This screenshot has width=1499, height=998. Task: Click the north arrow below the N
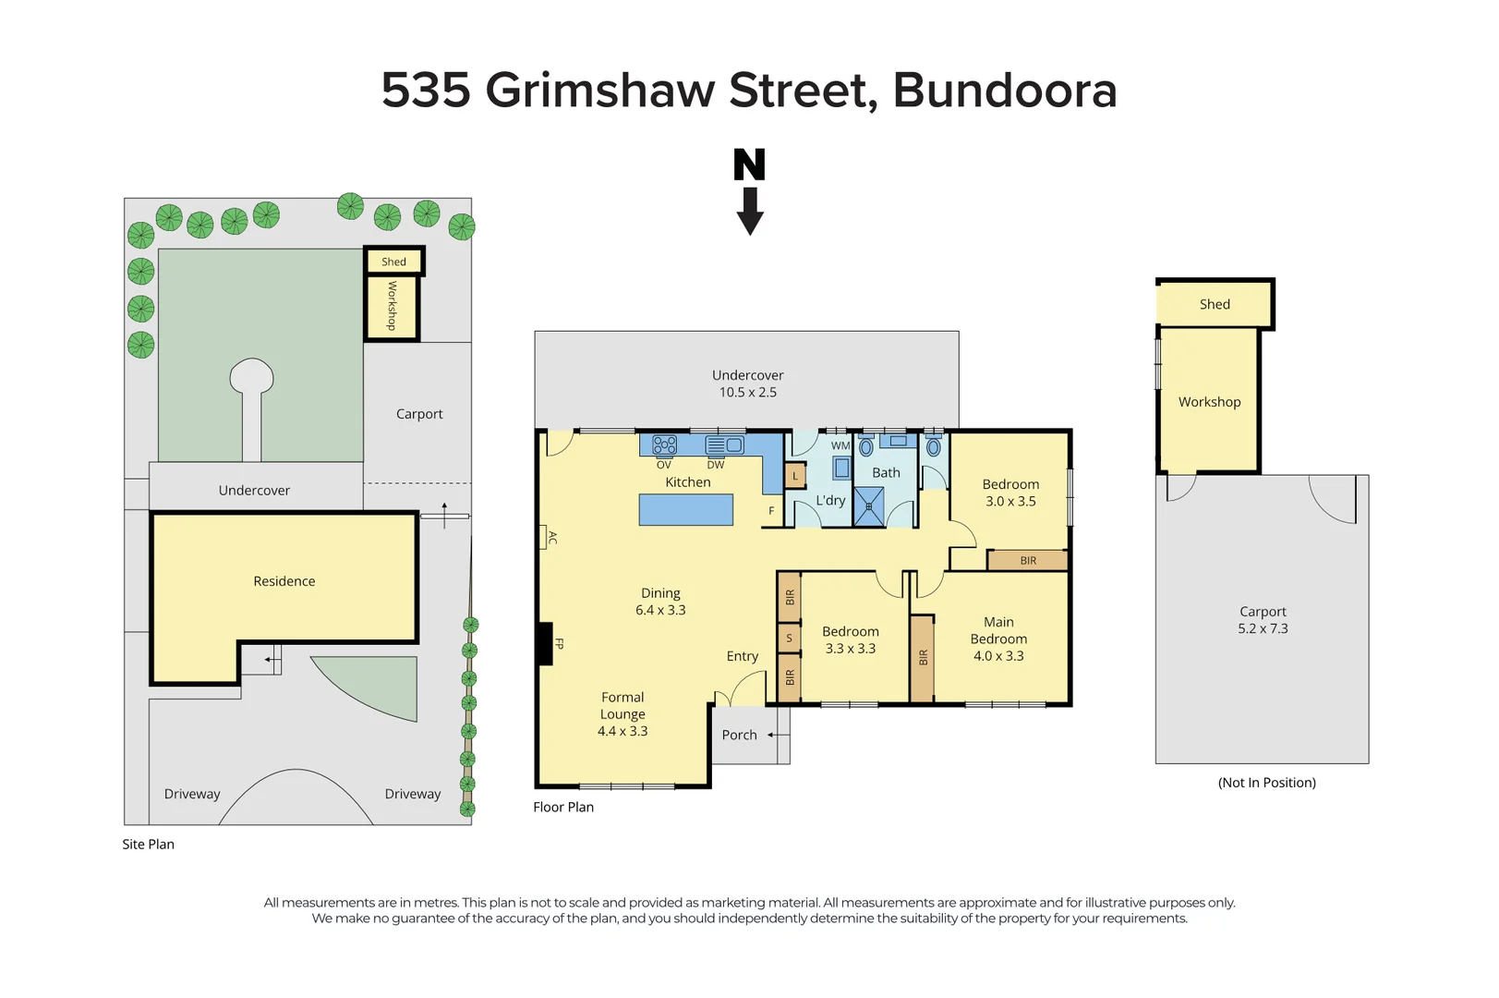[749, 212]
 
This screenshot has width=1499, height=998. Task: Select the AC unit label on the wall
[551, 538]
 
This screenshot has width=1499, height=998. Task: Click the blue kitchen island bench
[685, 510]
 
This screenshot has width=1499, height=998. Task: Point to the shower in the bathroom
[868, 506]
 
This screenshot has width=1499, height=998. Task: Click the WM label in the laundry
[840, 445]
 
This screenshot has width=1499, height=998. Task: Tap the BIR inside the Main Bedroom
[922, 658]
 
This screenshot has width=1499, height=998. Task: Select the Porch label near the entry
[739, 735]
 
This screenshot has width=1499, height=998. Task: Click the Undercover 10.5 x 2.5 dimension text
[747, 392]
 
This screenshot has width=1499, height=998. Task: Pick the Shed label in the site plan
[393, 262]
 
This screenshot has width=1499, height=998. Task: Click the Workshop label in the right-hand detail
[1209, 402]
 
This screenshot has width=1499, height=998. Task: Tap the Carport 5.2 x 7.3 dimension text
[1263, 628]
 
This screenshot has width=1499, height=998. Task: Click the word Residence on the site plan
[284, 581]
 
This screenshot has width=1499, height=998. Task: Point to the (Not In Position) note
[1266, 783]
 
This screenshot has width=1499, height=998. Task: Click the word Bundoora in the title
[1004, 91]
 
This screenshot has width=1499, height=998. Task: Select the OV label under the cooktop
[663, 465]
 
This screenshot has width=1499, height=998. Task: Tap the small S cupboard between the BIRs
[789, 638]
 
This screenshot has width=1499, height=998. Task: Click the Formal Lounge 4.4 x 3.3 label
[623, 714]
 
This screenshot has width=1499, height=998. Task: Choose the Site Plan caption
[148, 844]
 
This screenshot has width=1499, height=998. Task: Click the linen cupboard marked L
[794, 477]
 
